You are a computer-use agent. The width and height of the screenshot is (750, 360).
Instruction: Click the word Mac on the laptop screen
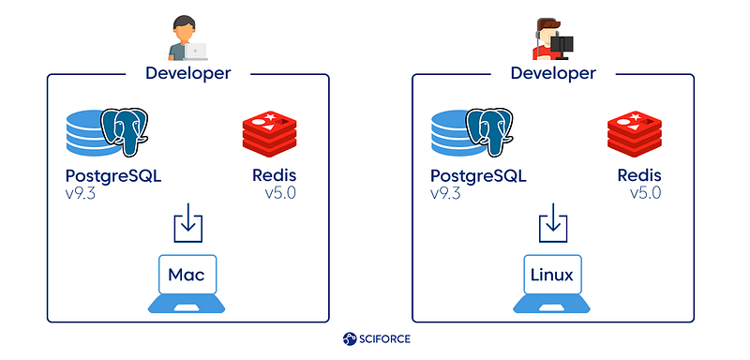click(187, 275)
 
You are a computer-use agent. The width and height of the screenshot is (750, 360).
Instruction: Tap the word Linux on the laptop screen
click(552, 275)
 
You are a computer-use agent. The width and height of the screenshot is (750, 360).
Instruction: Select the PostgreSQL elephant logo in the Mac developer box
click(125, 131)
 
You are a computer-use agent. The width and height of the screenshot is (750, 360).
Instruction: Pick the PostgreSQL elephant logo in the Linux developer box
click(489, 131)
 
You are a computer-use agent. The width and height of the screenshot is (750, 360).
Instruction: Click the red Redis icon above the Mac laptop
click(269, 134)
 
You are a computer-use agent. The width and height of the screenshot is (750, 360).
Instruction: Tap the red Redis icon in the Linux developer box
click(635, 134)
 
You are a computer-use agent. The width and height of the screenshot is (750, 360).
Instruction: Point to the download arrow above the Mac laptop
click(188, 223)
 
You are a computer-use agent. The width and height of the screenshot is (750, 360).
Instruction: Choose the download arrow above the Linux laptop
click(553, 223)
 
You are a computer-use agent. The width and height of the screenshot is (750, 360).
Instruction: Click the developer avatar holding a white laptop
click(187, 38)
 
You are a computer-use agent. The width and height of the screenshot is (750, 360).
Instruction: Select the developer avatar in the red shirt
click(553, 39)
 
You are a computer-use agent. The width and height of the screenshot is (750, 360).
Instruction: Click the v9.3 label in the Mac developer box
click(81, 194)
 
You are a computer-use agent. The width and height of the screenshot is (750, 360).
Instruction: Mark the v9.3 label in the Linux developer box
click(445, 194)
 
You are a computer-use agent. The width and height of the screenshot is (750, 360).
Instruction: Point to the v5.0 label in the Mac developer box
click(280, 194)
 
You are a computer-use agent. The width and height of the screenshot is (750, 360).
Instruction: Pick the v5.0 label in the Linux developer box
click(646, 194)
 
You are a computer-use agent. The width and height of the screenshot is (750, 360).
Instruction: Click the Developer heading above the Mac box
click(188, 74)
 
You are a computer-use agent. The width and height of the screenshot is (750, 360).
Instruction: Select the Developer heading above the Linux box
click(553, 74)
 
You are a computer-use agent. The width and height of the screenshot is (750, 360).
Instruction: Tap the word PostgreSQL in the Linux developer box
click(478, 176)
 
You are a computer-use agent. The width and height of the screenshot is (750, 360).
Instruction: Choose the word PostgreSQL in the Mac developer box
click(113, 176)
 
